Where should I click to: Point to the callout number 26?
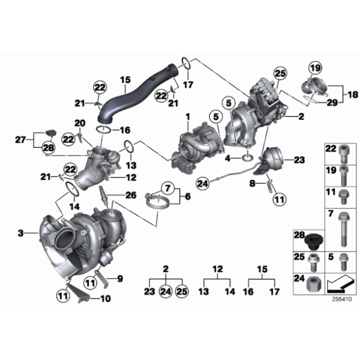coord(130,194)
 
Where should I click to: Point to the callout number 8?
coord(251,184)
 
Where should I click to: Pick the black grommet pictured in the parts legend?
coord(314,240)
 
